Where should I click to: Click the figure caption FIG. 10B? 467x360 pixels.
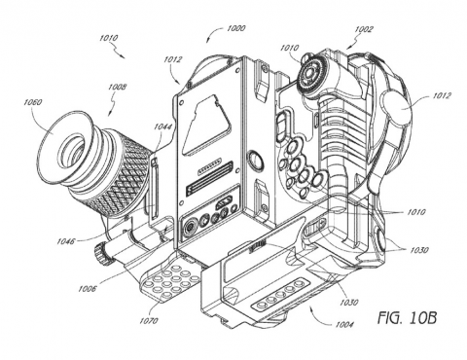click(407, 318)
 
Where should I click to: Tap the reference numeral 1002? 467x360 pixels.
click(364, 30)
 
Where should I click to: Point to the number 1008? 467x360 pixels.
click(118, 87)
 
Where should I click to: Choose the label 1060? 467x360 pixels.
click(32, 102)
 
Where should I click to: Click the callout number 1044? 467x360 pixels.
click(162, 126)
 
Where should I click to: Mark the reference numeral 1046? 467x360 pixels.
click(66, 241)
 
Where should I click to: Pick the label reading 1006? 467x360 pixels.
click(88, 288)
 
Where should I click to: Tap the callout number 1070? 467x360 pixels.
click(149, 321)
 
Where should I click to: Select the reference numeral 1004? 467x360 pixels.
click(344, 324)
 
